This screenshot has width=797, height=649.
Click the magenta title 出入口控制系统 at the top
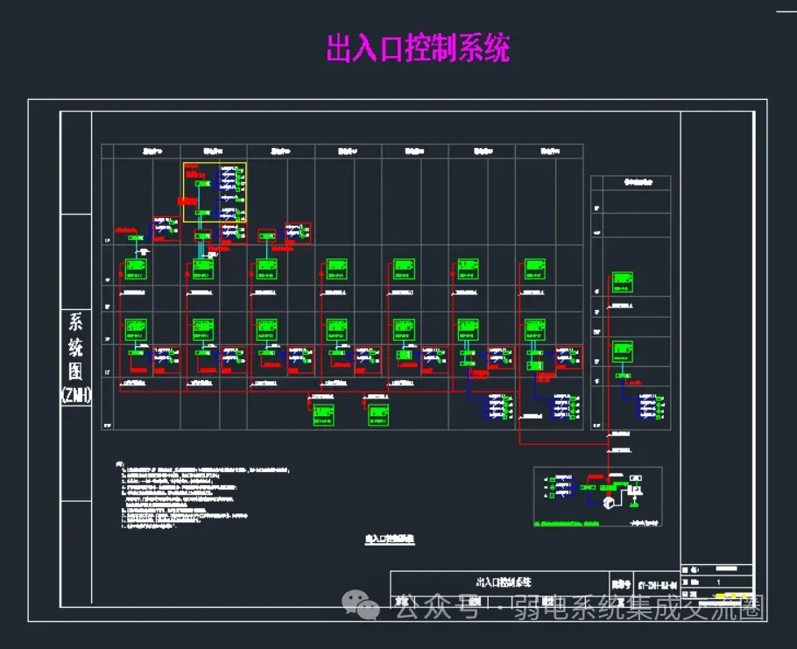[418, 48]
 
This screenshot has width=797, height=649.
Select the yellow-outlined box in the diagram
[215, 192]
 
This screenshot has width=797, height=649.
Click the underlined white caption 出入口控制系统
[389, 540]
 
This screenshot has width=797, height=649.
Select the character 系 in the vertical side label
[75, 322]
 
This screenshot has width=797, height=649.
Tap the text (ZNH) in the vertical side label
[76, 395]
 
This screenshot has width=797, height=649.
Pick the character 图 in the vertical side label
[75, 371]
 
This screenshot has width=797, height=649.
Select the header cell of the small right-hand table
[631, 182]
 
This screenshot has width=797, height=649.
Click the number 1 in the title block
[719, 582]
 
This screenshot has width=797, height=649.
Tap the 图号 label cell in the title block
[621, 583]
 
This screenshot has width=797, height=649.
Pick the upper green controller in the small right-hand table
[623, 282]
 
